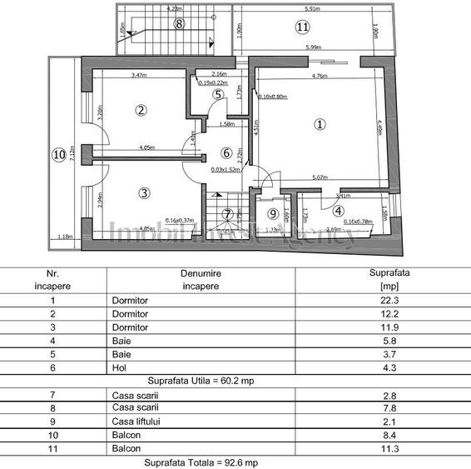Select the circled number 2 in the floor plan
(141, 109)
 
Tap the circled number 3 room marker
(144, 193)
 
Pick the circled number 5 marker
(217, 94)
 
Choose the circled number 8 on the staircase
(177, 23)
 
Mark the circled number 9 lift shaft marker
(272, 213)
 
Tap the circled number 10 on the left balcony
(57, 154)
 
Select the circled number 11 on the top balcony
(300, 27)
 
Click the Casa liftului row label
(136, 422)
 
